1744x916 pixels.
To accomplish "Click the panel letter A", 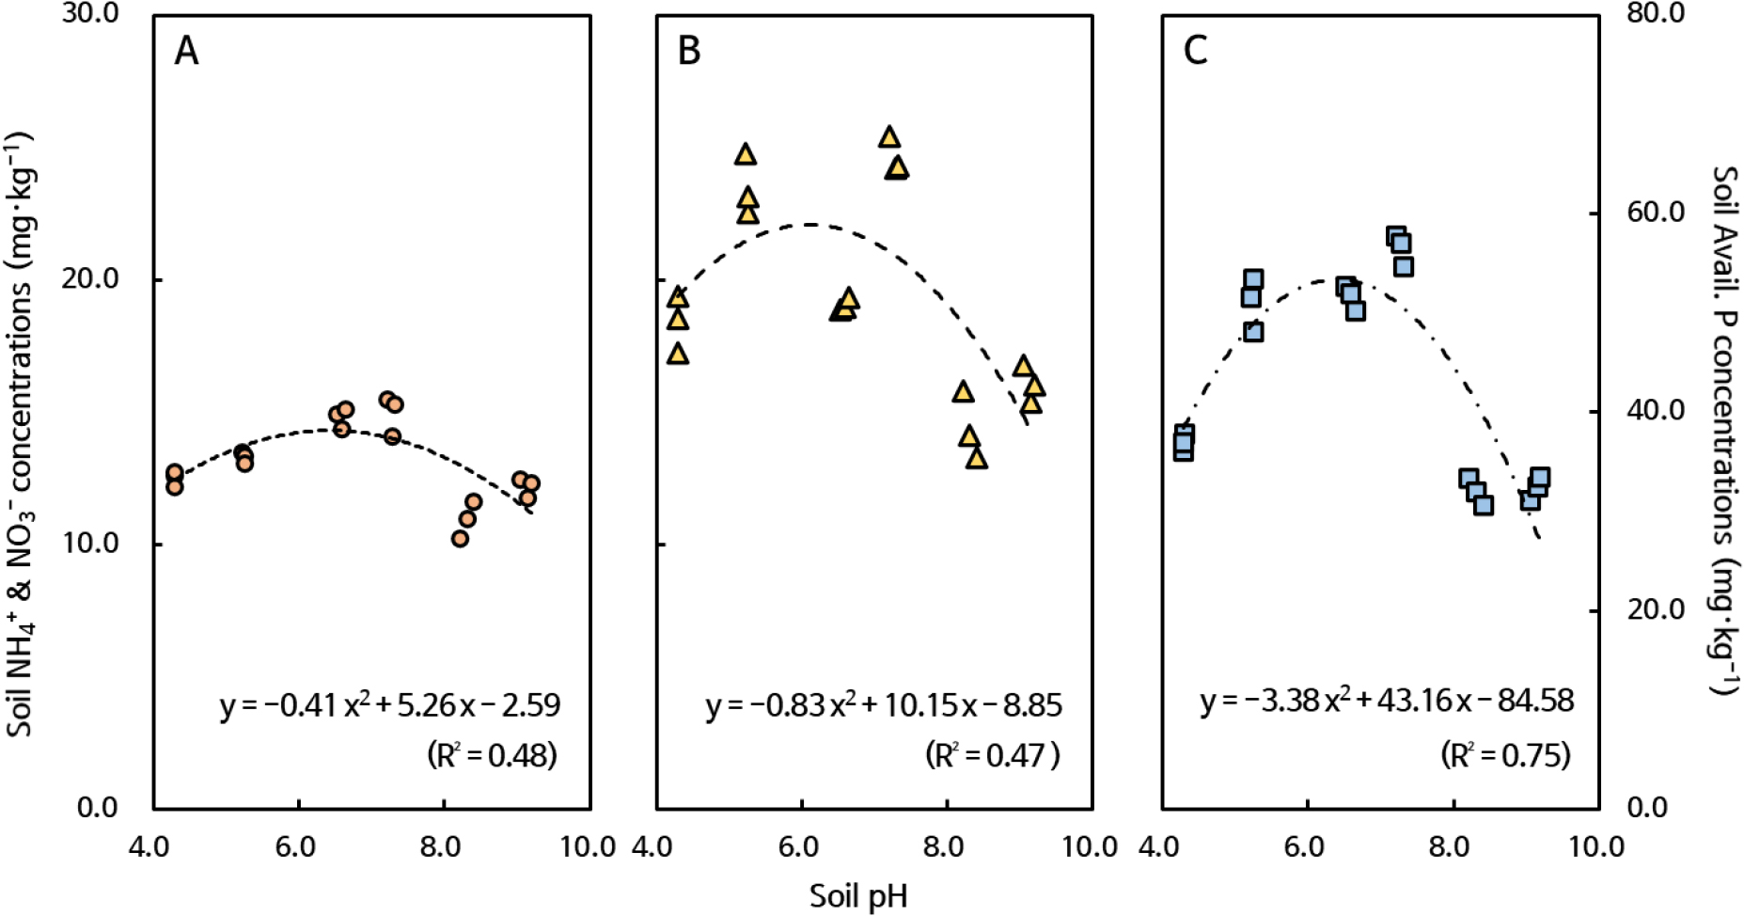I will (186, 51).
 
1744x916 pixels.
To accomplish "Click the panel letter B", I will (689, 51).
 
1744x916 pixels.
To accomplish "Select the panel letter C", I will (1195, 51).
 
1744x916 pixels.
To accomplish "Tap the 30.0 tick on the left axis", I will (90, 16).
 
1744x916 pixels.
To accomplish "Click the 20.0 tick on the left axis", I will (90, 280).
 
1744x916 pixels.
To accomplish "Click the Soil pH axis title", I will (858, 895).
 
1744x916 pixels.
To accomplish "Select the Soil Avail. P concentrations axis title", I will (1722, 431).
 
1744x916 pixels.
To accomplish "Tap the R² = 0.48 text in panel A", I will (492, 755).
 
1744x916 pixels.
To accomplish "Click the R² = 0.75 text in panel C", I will (1505, 755).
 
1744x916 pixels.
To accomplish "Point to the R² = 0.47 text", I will (993, 755).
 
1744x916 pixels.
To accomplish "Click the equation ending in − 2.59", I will (390, 704).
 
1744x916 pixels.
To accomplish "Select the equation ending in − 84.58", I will (1387, 701).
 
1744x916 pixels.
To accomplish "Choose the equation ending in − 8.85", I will (884, 704).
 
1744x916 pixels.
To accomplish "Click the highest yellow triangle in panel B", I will (889, 138).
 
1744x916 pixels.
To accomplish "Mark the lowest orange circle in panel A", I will (460, 539).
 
